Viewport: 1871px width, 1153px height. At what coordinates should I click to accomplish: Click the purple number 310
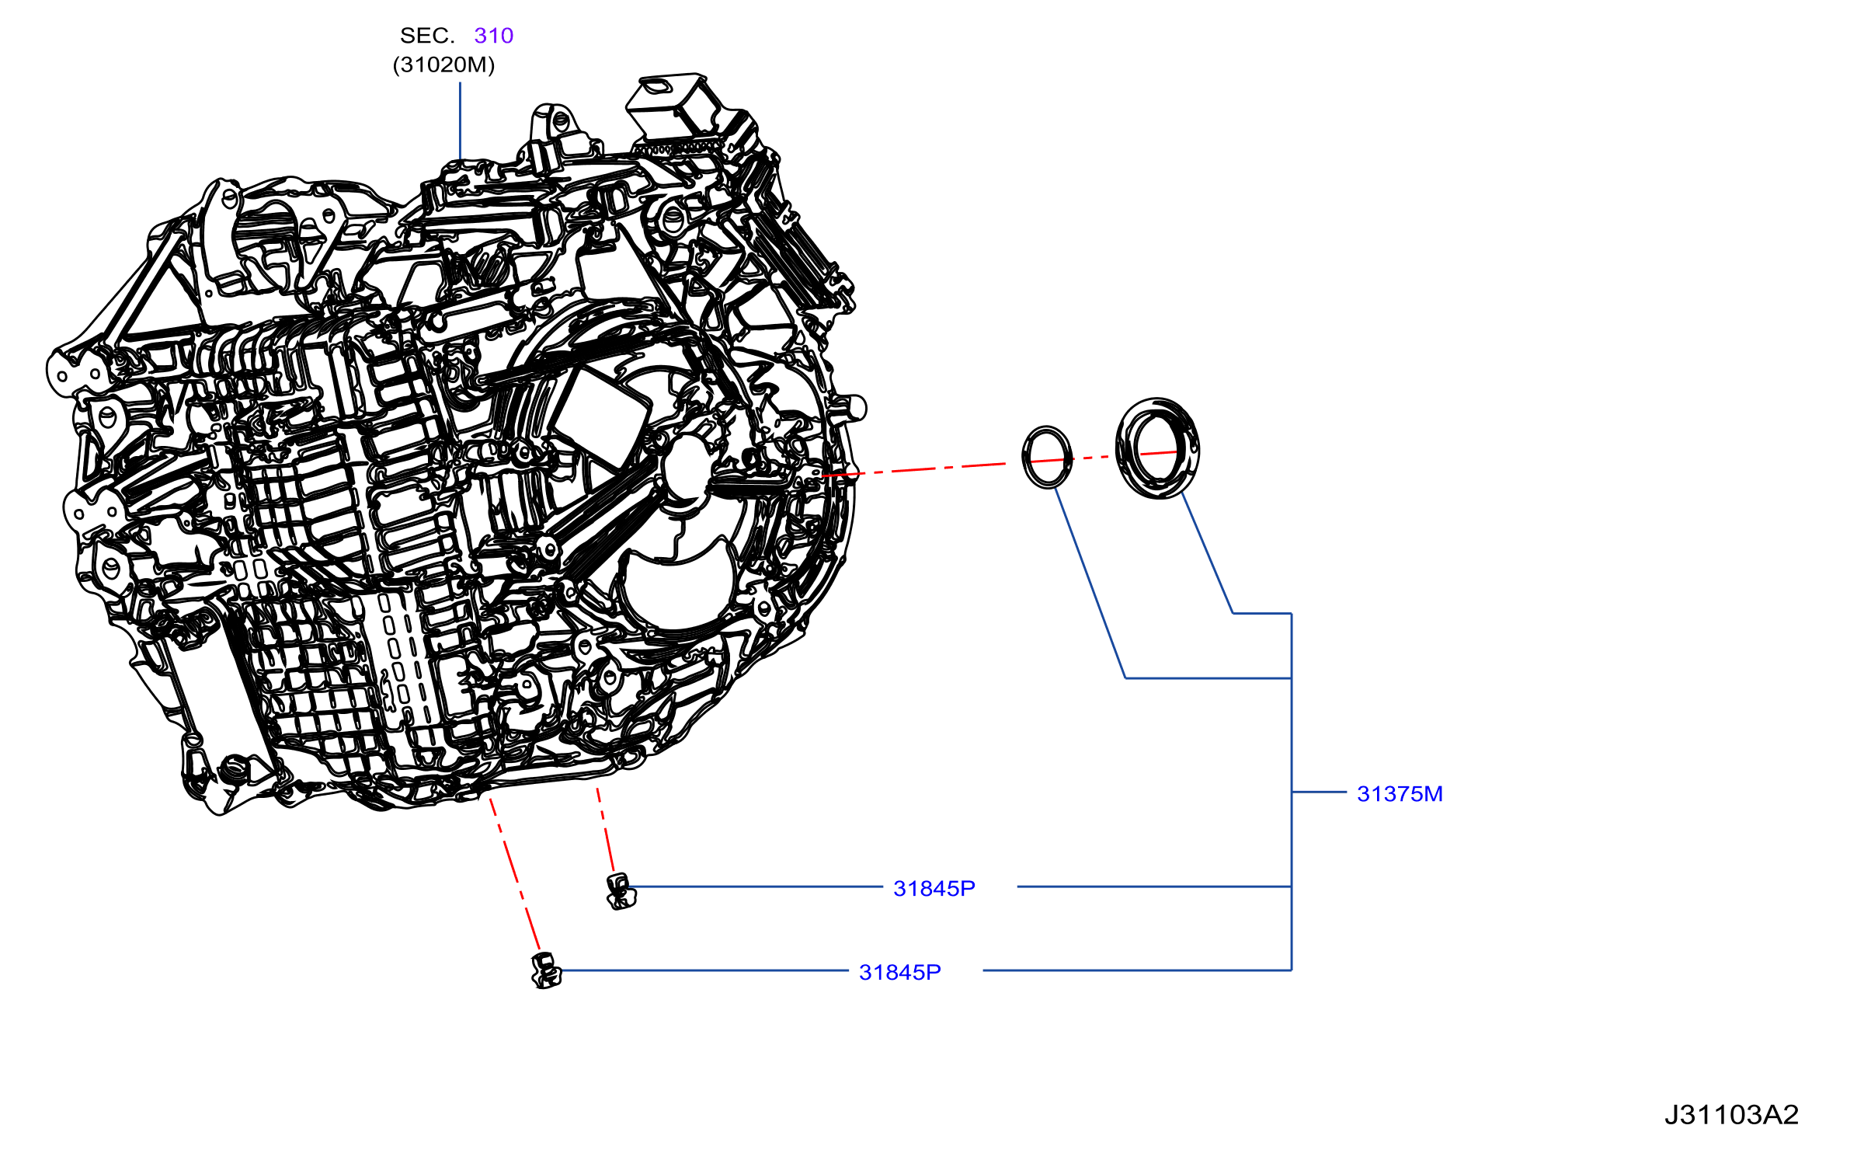tap(493, 36)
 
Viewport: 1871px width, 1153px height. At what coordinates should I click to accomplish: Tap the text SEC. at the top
tap(427, 36)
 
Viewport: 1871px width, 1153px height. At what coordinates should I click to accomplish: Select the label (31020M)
tap(443, 64)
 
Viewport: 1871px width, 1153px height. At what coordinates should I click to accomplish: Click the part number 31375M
tap(1400, 793)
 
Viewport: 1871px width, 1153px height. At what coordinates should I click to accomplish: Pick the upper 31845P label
tap(934, 888)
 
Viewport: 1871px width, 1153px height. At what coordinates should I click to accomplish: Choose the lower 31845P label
tap(900, 972)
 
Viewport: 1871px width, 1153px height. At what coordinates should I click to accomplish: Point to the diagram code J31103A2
tap(1731, 1115)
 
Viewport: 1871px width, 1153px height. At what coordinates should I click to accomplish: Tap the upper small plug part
tap(621, 891)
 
